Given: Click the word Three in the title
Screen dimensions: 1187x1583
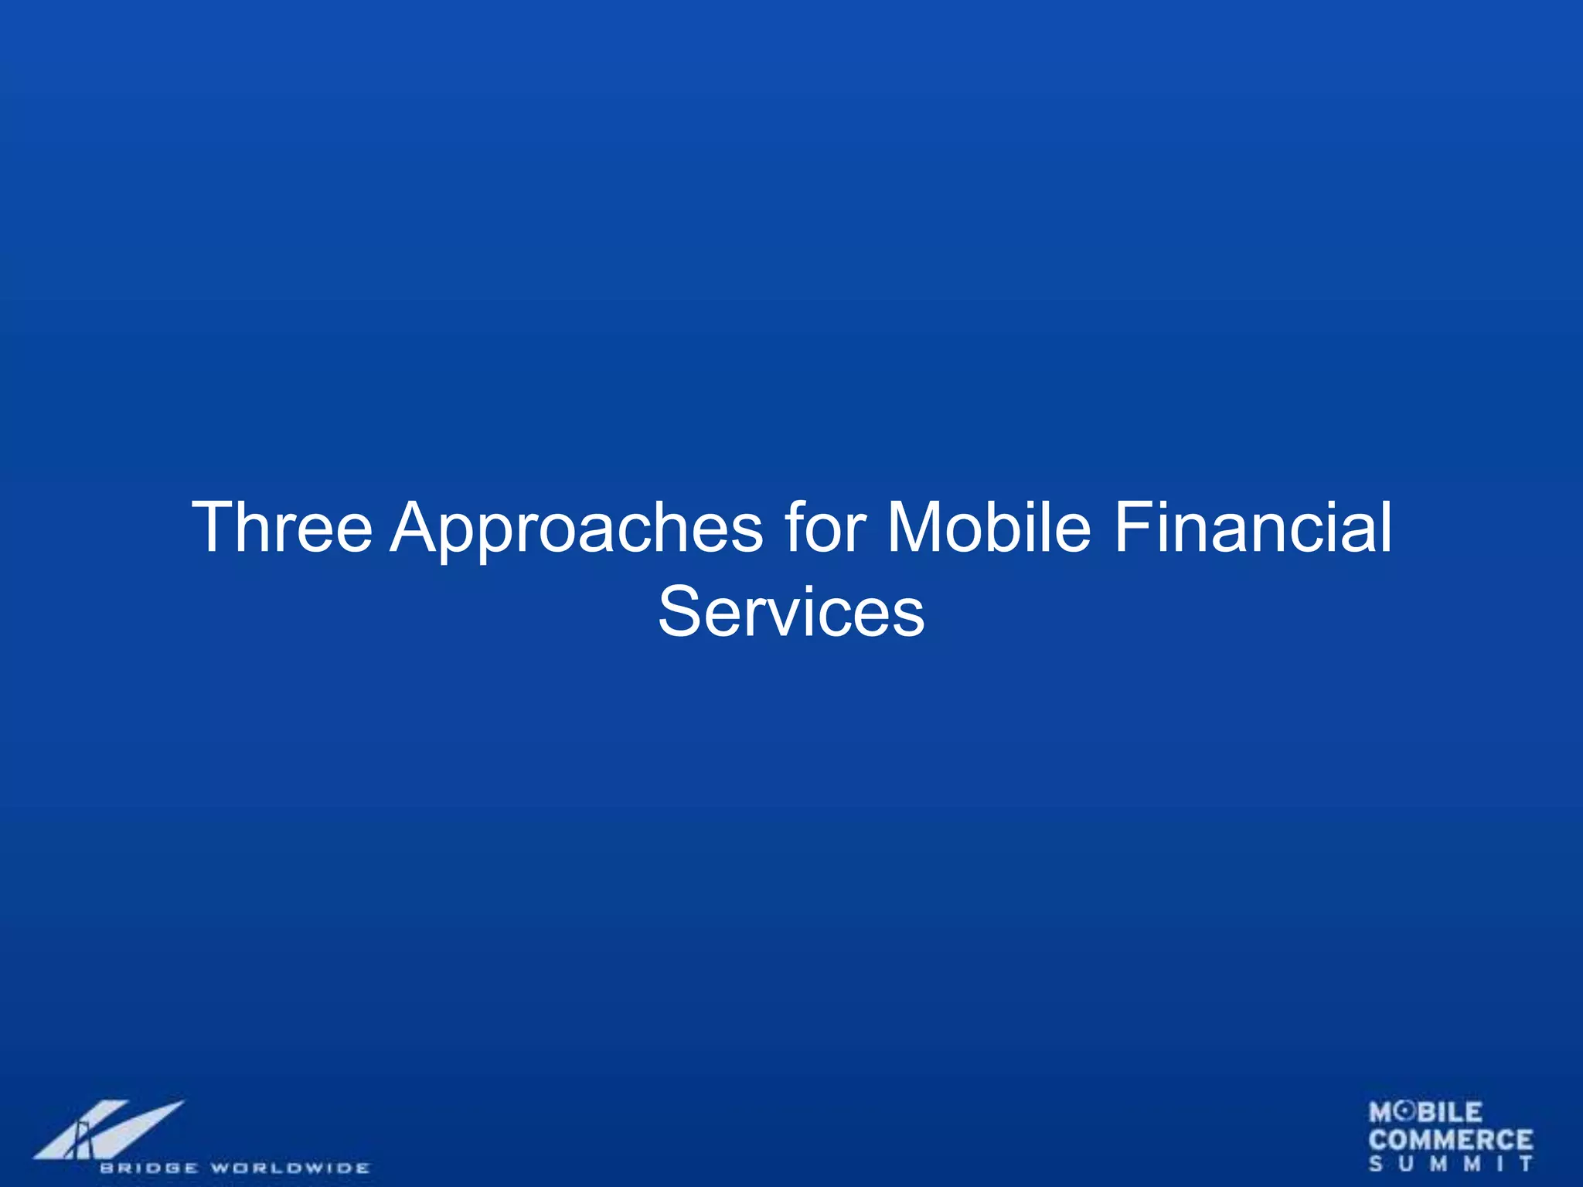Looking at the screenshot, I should point(282,527).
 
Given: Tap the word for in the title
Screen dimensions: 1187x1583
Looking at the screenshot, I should point(825,527).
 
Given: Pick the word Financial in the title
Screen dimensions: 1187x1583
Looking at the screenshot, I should point(1253,527).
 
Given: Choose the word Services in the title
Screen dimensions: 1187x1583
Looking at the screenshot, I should point(791,612).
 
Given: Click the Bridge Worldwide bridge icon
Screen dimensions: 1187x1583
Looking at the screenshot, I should point(108,1130).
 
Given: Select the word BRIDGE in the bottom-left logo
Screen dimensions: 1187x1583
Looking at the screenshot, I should point(148,1168).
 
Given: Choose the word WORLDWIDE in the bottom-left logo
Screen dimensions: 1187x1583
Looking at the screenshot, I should point(291,1168).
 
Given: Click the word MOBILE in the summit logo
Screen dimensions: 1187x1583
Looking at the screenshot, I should point(1426,1113).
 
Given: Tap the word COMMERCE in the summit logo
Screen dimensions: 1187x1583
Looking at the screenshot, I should point(1451,1140).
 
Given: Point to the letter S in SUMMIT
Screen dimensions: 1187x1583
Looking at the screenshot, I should point(1377,1164).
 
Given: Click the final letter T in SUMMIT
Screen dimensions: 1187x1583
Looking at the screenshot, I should point(1526,1164).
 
